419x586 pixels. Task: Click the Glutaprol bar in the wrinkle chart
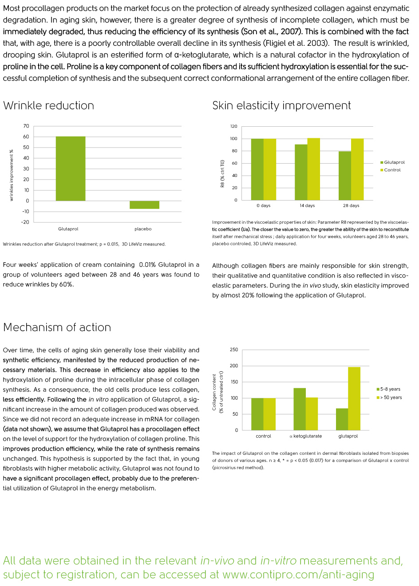point(71,169)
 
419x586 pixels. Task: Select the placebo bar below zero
point(144,205)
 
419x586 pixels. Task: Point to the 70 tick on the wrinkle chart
point(26,126)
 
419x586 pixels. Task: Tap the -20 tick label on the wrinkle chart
point(25,222)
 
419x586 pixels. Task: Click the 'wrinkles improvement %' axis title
point(11,175)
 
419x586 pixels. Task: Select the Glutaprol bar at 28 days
point(345,176)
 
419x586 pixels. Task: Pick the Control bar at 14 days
point(313,169)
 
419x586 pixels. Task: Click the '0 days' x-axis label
point(263,205)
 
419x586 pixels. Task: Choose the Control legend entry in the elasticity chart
point(391,170)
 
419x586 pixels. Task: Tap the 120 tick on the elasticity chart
point(234,126)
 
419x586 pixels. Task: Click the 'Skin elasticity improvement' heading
point(281,105)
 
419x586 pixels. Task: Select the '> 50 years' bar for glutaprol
point(354,398)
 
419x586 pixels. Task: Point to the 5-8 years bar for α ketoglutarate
point(300,409)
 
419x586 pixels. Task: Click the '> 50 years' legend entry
point(389,397)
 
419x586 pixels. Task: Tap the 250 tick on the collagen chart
point(234,349)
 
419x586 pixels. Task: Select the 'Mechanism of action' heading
point(57,327)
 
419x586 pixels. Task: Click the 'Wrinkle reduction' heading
point(48,105)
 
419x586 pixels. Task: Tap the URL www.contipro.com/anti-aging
point(298,574)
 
